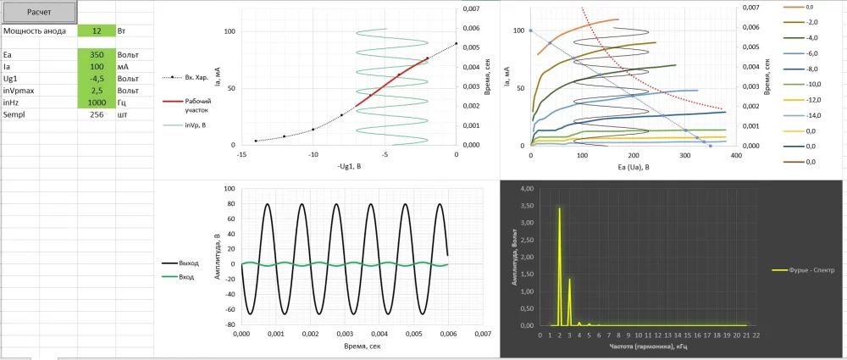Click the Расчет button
38,12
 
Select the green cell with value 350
97,54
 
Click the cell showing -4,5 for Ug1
97,78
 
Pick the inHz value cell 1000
97,102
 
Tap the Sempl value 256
97,114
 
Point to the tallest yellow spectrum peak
559,208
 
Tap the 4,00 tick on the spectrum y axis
526,188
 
